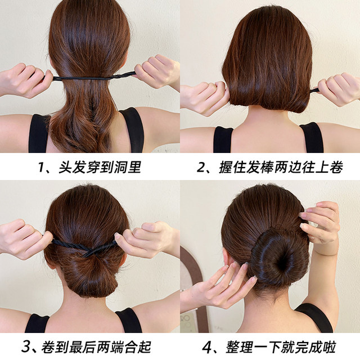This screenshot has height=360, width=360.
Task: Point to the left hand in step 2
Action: (202, 97)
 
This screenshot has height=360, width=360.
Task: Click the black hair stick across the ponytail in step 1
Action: (90, 76)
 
